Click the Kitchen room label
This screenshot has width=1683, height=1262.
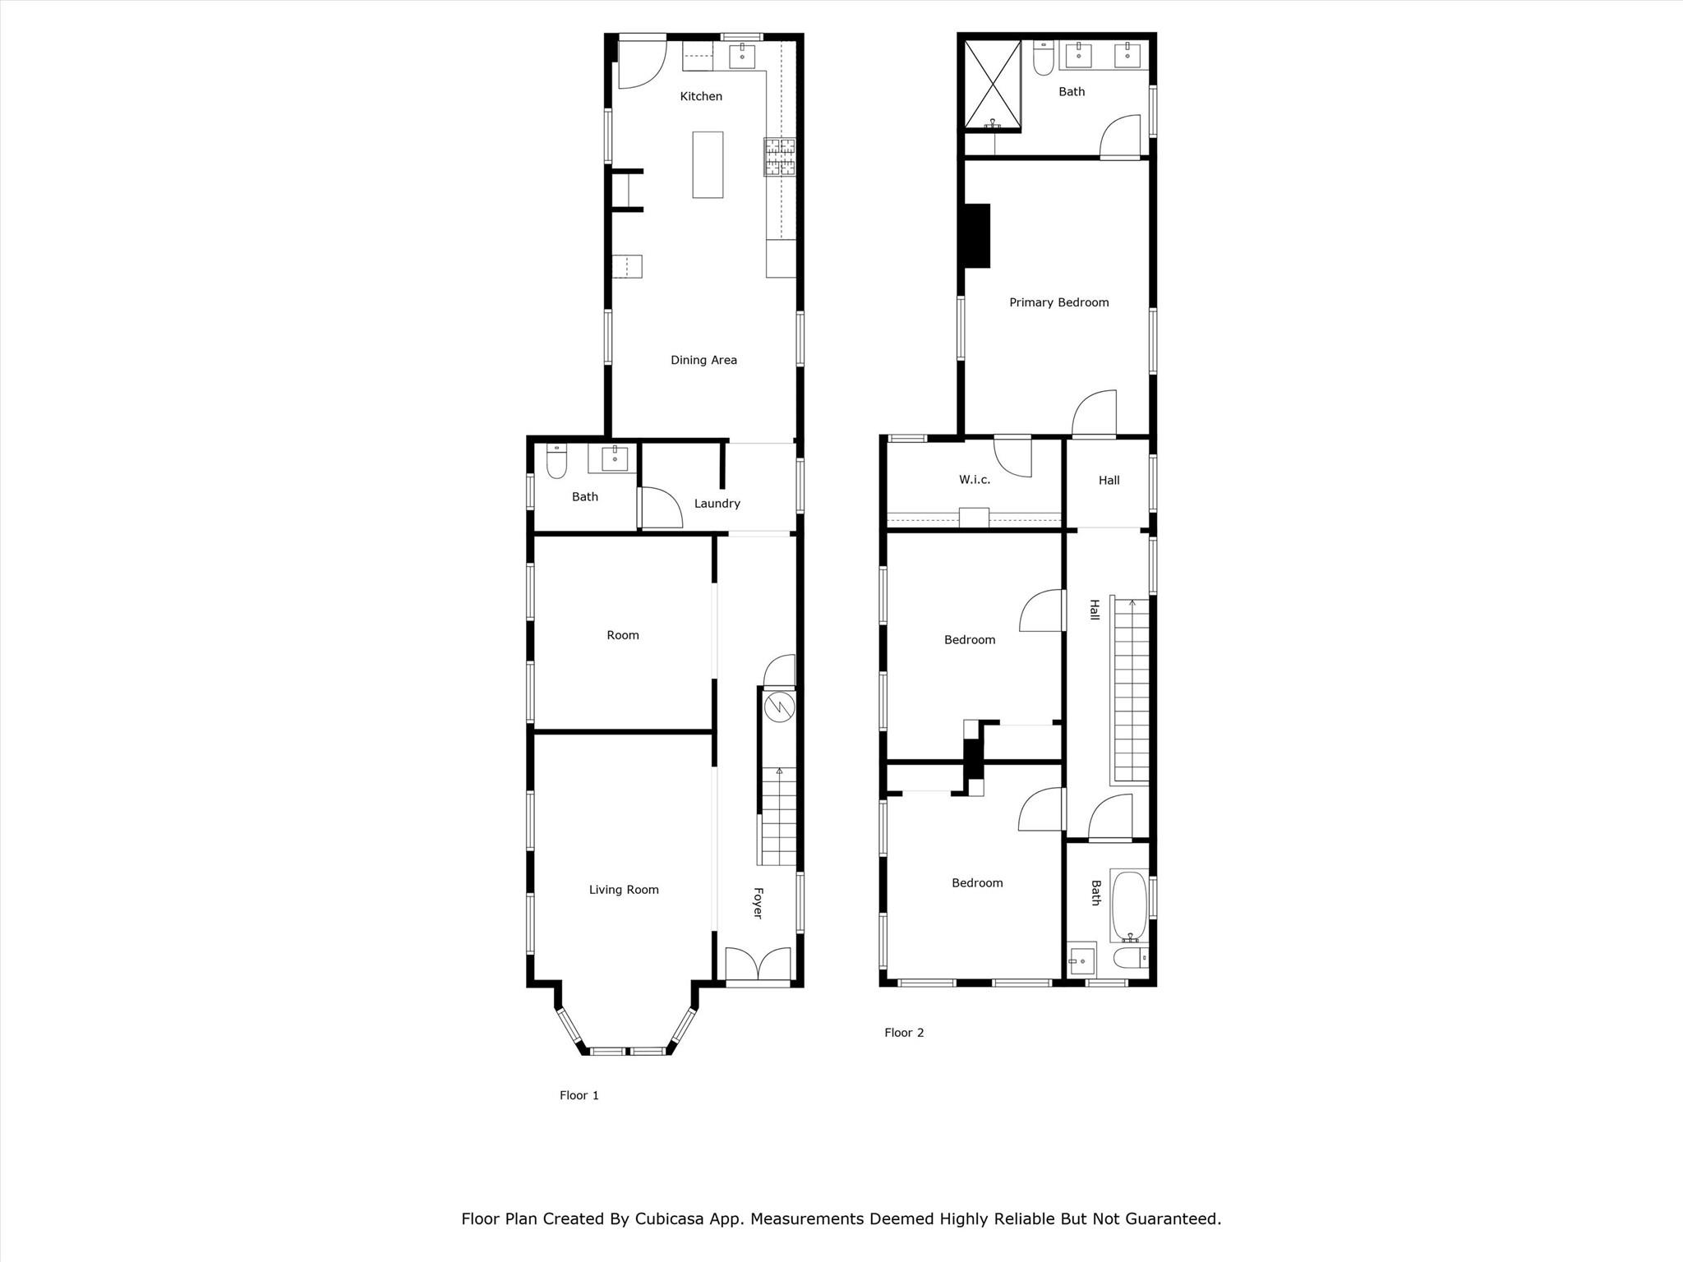(701, 97)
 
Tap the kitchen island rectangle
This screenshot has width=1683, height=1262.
(708, 164)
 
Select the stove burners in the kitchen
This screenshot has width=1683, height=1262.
(781, 157)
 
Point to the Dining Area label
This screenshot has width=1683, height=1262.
(703, 360)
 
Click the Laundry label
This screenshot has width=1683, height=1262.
(717, 504)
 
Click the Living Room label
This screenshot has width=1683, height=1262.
(624, 890)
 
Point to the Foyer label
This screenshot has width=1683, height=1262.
(758, 903)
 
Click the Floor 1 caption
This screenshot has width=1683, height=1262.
(579, 1095)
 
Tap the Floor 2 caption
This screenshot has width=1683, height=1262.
(904, 1033)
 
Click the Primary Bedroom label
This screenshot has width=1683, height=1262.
(1059, 302)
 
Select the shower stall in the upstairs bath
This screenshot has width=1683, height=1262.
(993, 85)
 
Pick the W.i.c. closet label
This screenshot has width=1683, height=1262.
(975, 480)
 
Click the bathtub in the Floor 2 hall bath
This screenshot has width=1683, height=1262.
(1129, 906)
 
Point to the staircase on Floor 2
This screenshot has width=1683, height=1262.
(1130, 689)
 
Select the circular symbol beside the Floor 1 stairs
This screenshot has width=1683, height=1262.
(778, 707)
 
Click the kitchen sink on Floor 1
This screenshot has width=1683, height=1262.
(742, 56)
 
